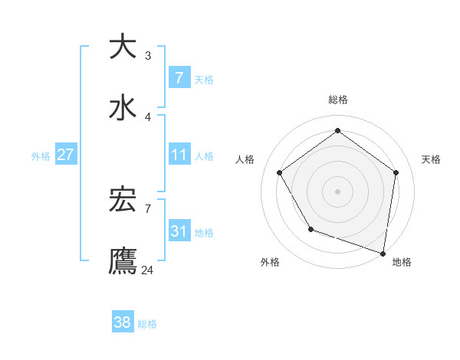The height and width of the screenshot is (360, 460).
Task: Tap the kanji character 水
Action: pyautogui.click(x=123, y=108)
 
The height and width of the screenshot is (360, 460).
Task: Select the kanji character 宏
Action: pyautogui.click(x=123, y=200)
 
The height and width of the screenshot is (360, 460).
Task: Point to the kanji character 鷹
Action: pyautogui.click(x=123, y=261)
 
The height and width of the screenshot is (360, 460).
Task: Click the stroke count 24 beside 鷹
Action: pyautogui.click(x=147, y=270)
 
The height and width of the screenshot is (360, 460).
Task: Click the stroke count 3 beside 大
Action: pyautogui.click(x=147, y=55)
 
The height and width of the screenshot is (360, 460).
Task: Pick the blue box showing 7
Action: pyautogui.click(x=179, y=77)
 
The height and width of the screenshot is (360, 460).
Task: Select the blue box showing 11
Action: pyautogui.click(x=179, y=155)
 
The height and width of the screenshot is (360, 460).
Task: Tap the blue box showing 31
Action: pyautogui.click(x=179, y=231)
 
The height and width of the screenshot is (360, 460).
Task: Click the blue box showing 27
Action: pyautogui.click(x=65, y=155)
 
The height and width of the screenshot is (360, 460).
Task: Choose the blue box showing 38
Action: pyautogui.click(x=122, y=322)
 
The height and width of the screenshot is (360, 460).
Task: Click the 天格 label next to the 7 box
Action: pyautogui.click(x=204, y=79)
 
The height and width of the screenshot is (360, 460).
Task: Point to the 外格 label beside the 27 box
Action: pyautogui.click(x=41, y=155)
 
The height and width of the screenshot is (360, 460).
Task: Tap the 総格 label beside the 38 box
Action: pyautogui.click(x=147, y=324)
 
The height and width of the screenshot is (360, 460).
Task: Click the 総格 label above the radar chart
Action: pyautogui.click(x=337, y=100)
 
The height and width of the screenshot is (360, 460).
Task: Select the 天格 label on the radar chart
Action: pyautogui.click(x=431, y=159)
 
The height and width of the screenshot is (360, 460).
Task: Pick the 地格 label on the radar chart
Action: pyautogui.click(x=402, y=262)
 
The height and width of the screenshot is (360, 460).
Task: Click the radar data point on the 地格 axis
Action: pyautogui.click(x=383, y=253)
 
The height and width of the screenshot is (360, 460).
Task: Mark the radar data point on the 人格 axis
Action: pyautogui.click(x=279, y=173)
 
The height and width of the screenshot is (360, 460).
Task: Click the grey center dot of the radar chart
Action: pyautogui.click(x=337, y=191)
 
